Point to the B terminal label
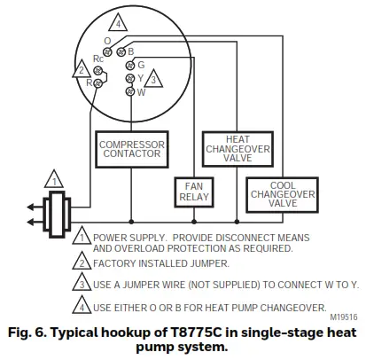click(130, 51)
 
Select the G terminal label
click(142, 65)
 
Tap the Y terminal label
click(142, 78)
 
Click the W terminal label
click(142, 91)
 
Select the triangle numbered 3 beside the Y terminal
click(155, 80)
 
